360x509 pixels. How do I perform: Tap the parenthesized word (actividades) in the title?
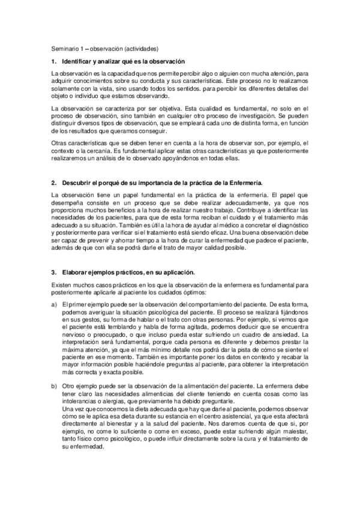pos(140,49)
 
